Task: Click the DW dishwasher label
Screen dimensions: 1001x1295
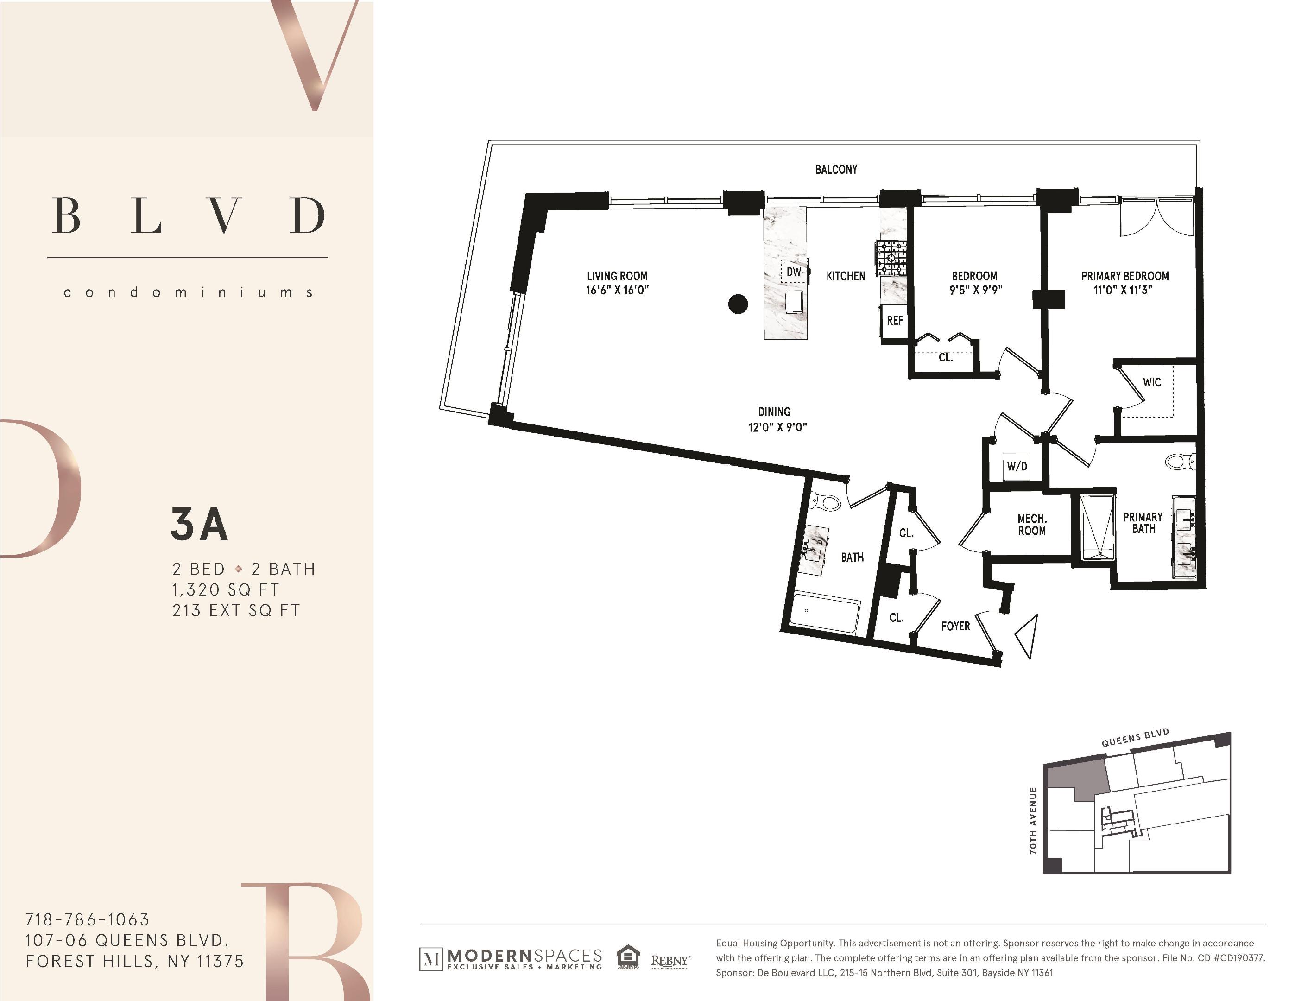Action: coord(793,272)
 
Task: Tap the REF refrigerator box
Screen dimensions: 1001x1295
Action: coord(894,321)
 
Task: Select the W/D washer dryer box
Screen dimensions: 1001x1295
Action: coord(1017,466)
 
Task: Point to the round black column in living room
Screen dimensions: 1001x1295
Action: coord(738,304)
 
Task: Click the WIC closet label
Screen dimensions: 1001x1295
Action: coord(1151,382)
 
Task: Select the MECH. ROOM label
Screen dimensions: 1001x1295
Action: coord(1032,525)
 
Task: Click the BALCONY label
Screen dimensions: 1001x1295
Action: coord(836,170)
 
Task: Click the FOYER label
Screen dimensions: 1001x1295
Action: coord(955,626)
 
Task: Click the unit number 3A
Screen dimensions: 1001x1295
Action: coord(199,524)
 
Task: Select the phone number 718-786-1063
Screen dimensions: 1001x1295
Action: coord(87,920)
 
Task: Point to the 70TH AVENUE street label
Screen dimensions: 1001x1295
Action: coord(1033,820)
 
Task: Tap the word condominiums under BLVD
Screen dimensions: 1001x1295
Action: coord(188,292)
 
